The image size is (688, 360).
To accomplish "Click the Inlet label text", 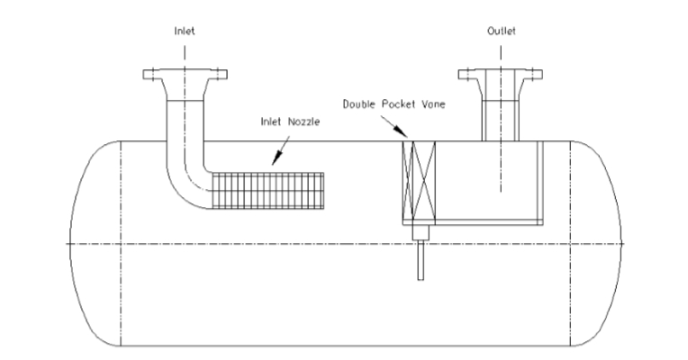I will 184,31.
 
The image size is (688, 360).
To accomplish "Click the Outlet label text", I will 501,31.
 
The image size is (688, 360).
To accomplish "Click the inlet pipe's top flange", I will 184,74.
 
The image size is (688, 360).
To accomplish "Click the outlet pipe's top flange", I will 501,74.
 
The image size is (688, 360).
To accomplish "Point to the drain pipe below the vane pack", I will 419,261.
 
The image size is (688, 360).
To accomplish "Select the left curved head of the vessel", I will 86,244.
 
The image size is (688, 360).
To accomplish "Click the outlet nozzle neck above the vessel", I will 501,112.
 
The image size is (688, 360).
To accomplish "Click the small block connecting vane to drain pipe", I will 419,233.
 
